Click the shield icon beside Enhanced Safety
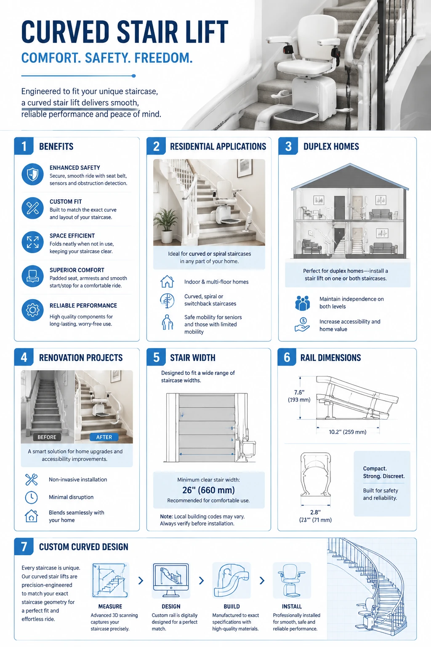tap(33, 174)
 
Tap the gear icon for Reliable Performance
tap(33, 310)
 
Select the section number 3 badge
tap(288, 146)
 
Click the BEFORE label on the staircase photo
tap(47, 437)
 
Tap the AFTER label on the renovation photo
tap(104, 437)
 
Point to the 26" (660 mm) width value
tap(208, 490)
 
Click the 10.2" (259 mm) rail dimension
tap(348, 432)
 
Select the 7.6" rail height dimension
tap(299, 392)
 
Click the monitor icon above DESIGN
tap(171, 580)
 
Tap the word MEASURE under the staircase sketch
tap(110, 607)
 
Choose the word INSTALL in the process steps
tap(292, 607)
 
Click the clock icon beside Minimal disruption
tap(31, 497)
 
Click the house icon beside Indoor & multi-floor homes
tap(167, 282)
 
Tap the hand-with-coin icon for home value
tap(302, 325)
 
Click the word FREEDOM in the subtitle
tap(163, 58)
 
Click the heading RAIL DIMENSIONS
tap(330, 358)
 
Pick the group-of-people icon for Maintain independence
tap(303, 303)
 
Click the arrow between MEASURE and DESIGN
tap(141, 580)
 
